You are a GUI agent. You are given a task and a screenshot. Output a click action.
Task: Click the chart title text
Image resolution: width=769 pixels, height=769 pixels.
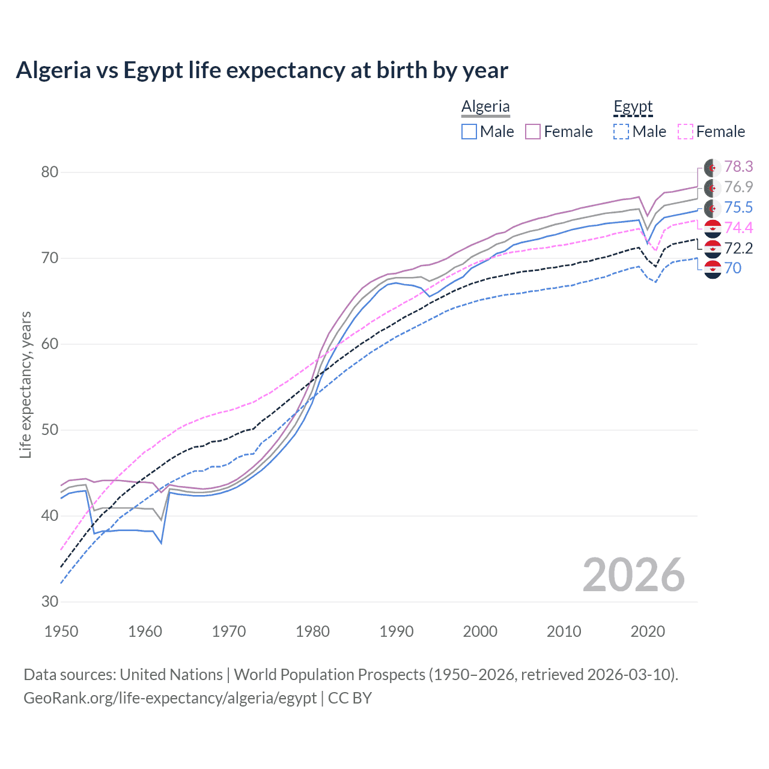(x=262, y=70)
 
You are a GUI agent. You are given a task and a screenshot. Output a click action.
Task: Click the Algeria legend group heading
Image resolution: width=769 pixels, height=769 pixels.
(x=485, y=107)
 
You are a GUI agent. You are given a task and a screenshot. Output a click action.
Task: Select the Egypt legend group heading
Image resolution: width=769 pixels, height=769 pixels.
(x=633, y=107)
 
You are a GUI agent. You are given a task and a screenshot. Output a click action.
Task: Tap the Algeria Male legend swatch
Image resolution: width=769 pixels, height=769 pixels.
(x=469, y=132)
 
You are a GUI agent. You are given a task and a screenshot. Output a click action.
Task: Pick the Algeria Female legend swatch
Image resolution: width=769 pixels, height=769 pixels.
(x=533, y=132)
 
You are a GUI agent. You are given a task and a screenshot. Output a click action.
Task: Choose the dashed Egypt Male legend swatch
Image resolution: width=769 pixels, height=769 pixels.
(x=621, y=132)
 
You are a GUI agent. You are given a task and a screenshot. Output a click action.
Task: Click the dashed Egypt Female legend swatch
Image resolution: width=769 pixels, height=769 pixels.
(x=685, y=132)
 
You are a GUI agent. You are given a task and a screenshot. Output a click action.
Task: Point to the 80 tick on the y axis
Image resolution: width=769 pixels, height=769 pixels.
(x=49, y=172)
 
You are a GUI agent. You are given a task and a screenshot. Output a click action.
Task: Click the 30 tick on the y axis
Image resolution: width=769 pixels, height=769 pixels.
(x=49, y=602)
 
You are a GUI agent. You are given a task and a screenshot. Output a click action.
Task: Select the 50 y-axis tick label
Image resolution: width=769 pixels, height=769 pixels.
(x=49, y=430)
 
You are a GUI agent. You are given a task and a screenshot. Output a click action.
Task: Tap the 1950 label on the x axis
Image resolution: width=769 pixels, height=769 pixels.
(x=61, y=631)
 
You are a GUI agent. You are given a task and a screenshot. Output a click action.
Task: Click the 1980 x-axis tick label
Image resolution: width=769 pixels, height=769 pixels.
(x=312, y=631)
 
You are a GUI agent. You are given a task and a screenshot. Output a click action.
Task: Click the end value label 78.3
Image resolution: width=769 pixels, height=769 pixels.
(x=738, y=166)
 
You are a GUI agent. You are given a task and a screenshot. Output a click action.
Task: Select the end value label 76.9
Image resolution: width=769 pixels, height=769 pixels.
(x=738, y=187)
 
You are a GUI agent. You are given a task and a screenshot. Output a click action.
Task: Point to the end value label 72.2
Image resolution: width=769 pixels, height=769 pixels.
(x=738, y=248)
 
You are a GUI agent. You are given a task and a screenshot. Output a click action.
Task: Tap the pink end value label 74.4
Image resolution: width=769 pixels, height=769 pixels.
(x=738, y=228)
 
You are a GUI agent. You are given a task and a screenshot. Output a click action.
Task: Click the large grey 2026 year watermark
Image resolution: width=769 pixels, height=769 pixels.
(x=633, y=575)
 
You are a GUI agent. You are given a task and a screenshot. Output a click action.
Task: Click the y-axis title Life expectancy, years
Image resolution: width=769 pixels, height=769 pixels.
(x=25, y=384)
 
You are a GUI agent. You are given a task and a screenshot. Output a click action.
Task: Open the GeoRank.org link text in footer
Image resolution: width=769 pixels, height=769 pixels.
(x=170, y=698)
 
